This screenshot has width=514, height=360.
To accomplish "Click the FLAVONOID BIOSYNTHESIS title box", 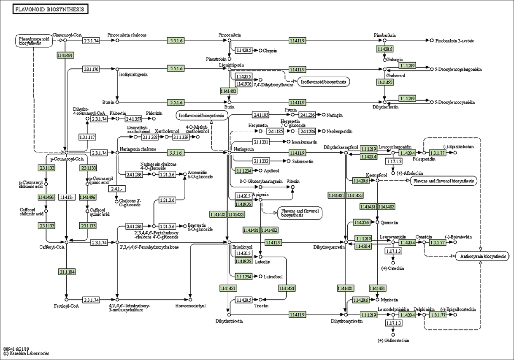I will point(50,9).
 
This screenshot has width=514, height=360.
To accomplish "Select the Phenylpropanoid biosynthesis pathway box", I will point(34,41).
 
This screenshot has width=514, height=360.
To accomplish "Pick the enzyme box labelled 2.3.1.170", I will point(91,69).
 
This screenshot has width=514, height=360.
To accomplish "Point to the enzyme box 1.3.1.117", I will point(87,137).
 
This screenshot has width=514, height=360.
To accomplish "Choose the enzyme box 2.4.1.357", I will point(133,119).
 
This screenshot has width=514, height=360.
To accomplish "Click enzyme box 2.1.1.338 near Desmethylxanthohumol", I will point(150,137).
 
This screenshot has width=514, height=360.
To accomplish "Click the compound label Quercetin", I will point(390,222).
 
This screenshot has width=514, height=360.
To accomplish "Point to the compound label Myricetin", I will point(390,300).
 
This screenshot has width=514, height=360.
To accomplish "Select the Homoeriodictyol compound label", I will point(190,306).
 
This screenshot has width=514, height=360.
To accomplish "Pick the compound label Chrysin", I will point(270,51).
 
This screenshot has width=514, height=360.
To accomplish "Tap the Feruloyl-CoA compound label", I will point(65,306).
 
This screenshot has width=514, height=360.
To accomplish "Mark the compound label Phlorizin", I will point(154,113).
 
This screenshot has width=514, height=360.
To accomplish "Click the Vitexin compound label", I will point(293,181).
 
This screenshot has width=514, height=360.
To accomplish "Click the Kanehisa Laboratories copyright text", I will point(26,353).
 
